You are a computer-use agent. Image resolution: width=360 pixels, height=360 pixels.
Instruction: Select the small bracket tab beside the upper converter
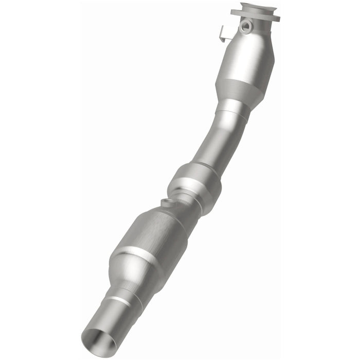[222, 34]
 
